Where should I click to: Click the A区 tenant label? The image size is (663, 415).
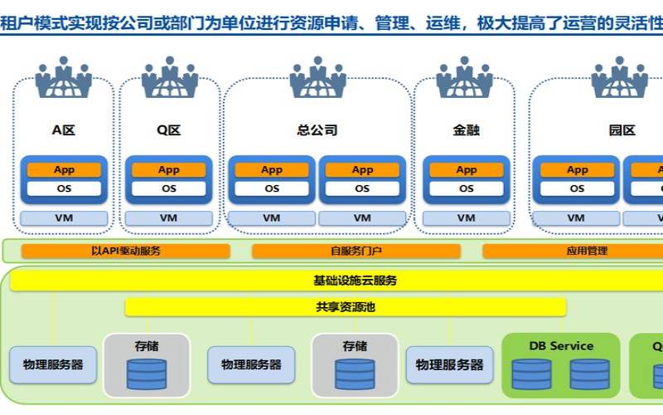pyautogui.click(x=64, y=130)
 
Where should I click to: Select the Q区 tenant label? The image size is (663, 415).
pyautogui.click(x=168, y=130)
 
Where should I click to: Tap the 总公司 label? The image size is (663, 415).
pyautogui.click(x=317, y=130)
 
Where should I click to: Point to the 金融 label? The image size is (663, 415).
pyautogui.click(x=466, y=130)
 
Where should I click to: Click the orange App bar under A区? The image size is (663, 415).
pyautogui.click(x=64, y=170)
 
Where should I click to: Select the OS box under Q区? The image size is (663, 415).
pyautogui.click(x=168, y=188)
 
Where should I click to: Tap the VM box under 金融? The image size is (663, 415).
pyautogui.click(x=466, y=218)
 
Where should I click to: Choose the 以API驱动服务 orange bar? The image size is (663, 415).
pyautogui.click(x=126, y=251)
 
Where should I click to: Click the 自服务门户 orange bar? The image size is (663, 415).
pyautogui.click(x=356, y=251)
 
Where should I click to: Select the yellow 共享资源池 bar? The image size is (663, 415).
pyautogui.click(x=346, y=307)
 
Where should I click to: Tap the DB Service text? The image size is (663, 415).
pyautogui.click(x=561, y=345)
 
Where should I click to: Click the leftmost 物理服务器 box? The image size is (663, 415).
pyautogui.click(x=52, y=364)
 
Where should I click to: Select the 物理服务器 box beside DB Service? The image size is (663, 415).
pyautogui.click(x=449, y=364)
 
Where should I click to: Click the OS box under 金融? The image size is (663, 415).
pyautogui.click(x=466, y=188)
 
